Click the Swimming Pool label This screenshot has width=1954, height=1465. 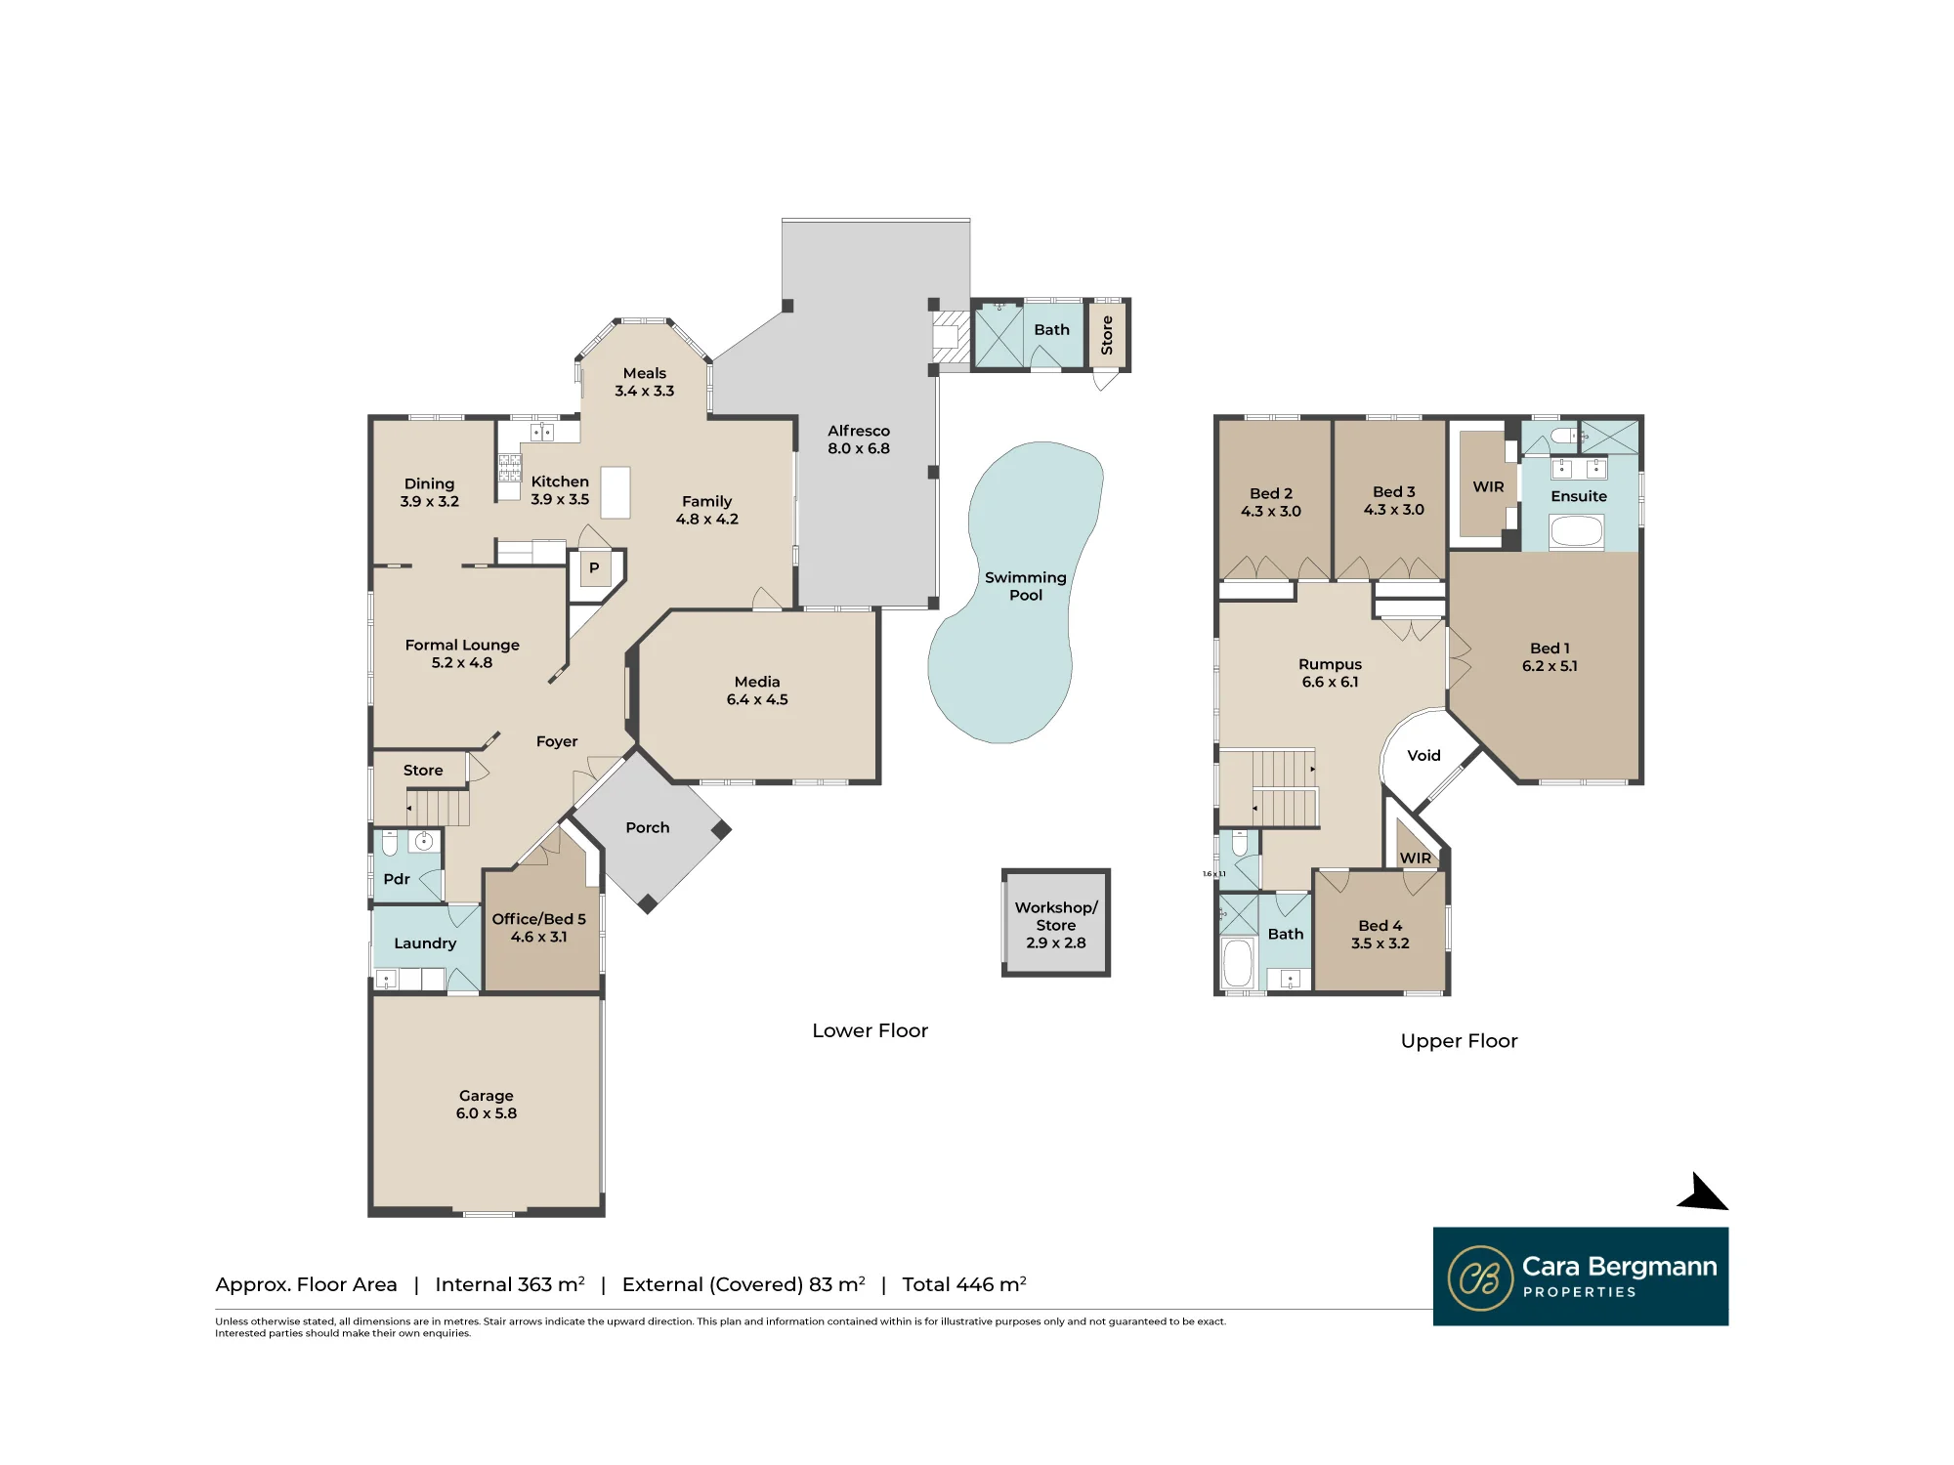click(1025, 586)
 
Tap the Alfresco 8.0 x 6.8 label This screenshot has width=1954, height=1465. click(859, 439)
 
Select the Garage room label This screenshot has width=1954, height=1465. click(487, 1105)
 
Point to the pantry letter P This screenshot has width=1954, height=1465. click(594, 567)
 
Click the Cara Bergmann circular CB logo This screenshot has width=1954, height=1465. click(1480, 1277)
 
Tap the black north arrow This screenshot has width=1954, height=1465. click(1704, 1193)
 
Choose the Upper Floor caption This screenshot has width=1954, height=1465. click(1459, 1041)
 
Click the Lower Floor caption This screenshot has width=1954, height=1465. click(870, 1030)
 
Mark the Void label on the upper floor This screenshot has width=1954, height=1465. click(1423, 755)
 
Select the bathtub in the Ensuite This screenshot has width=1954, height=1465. click(1577, 531)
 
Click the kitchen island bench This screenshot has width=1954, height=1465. click(615, 491)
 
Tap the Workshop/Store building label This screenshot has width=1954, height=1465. click(1056, 925)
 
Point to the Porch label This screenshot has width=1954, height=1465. click(648, 827)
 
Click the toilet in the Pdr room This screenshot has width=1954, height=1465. click(390, 842)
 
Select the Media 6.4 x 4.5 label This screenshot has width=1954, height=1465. click(757, 691)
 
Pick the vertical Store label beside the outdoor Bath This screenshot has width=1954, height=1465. click(1107, 335)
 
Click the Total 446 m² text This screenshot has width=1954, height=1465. click(963, 1284)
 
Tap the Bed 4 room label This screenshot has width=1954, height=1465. click(1380, 935)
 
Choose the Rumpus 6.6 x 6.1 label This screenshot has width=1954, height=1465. click(1330, 673)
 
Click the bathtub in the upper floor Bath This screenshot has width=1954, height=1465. click(1238, 963)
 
